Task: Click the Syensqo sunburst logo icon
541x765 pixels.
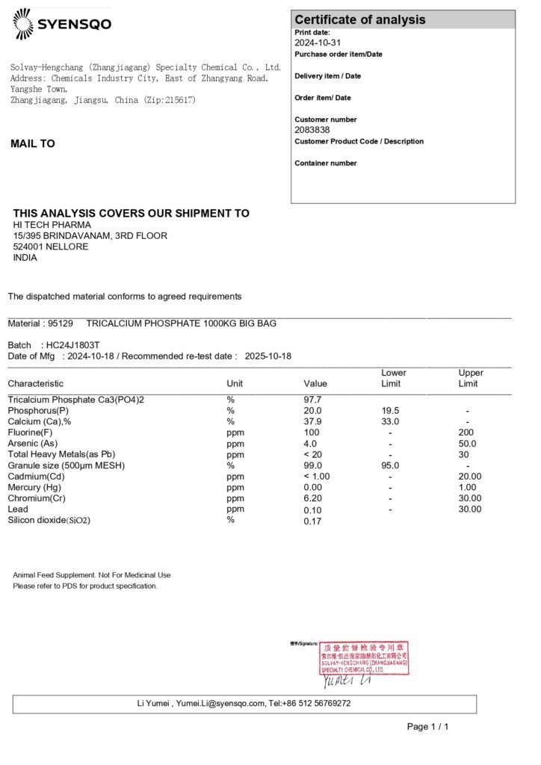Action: pyautogui.click(x=23, y=24)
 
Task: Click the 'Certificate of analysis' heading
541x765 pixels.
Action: pyautogui.click(x=359, y=20)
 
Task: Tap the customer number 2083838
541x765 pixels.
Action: pyautogui.click(x=312, y=130)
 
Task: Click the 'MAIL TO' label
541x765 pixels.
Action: pyautogui.click(x=33, y=143)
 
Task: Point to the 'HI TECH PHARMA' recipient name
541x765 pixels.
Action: pyautogui.click(x=52, y=225)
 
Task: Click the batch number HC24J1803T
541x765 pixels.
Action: pyautogui.click(x=72, y=345)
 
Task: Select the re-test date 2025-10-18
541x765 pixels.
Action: pyautogui.click(x=268, y=356)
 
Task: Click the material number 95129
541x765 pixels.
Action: pyautogui.click(x=61, y=323)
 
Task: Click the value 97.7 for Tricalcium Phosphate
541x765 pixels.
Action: pyautogui.click(x=312, y=400)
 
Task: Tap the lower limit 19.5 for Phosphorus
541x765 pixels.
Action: pyautogui.click(x=390, y=411)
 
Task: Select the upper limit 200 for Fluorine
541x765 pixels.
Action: pyautogui.click(x=467, y=433)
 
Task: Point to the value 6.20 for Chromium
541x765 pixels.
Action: pyautogui.click(x=313, y=498)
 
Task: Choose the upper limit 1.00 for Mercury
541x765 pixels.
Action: pyautogui.click(x=467, y=487)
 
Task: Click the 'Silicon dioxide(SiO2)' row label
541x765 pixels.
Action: pyautogui.click(x=49, y=521)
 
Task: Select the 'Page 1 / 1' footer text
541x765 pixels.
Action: pyautogui.click(x=427, y=726)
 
